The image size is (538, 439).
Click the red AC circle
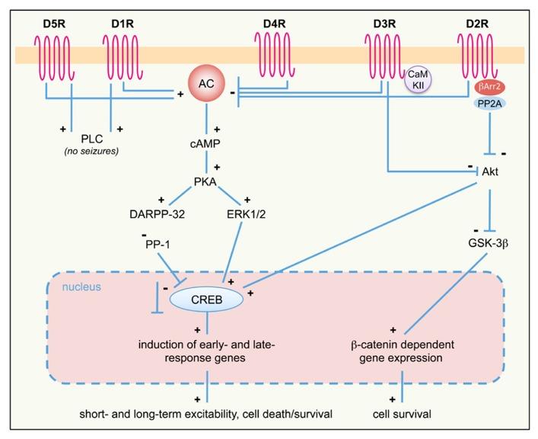[206, 84]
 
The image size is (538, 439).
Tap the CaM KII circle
[418, 80]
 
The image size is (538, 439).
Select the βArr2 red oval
[489, 87]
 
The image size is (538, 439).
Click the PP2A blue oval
[489, 104]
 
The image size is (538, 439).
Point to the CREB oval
[206, 300]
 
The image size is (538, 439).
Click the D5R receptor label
[54, 24]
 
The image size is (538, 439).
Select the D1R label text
[123, 24]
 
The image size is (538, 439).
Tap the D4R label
[275, 24]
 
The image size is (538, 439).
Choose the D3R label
[384, 24]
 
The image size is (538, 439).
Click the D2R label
[477, 24]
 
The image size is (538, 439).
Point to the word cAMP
[205, 144]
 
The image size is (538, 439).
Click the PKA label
[205, 181]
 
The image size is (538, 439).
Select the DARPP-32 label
[158, 214]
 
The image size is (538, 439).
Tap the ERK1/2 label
[246, 214]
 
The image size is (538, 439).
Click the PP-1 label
[158, 245]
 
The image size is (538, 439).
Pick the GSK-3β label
[489, 243]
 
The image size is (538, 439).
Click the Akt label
[490, 171]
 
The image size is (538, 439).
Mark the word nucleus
[81, 287]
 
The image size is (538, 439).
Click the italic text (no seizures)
[91, 151]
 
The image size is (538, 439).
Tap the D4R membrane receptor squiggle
[275, 55]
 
